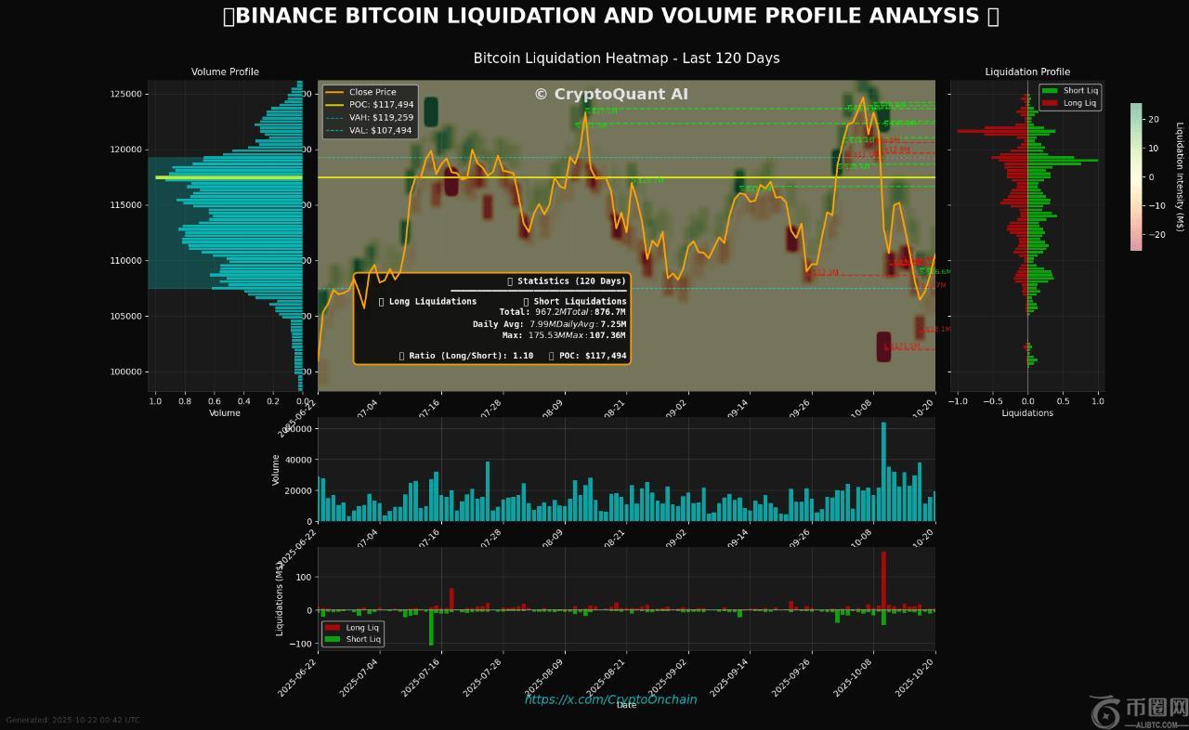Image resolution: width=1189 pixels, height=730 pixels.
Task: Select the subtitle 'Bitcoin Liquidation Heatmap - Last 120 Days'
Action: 626,59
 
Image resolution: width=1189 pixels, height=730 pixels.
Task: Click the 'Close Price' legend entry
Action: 372,92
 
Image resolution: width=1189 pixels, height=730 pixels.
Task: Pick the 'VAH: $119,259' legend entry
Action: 381,118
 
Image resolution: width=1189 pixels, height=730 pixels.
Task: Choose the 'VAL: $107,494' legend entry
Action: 380,131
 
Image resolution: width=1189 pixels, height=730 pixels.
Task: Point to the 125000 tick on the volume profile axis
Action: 125,94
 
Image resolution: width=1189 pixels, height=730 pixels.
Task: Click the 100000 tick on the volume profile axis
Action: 125,372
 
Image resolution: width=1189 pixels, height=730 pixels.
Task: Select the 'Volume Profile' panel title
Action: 225,72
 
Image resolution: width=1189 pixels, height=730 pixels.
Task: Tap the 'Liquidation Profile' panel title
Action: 1027,72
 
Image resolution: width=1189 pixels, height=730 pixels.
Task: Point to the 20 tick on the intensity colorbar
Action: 1153,119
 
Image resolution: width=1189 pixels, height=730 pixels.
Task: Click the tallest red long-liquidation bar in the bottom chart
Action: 883,580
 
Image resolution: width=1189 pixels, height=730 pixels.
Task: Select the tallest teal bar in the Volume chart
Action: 883,472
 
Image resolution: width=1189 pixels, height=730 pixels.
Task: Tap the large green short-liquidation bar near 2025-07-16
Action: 431,627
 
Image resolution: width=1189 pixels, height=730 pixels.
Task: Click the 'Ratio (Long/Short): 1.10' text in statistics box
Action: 466,356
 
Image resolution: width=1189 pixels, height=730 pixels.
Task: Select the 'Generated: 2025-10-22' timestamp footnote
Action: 72,720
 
